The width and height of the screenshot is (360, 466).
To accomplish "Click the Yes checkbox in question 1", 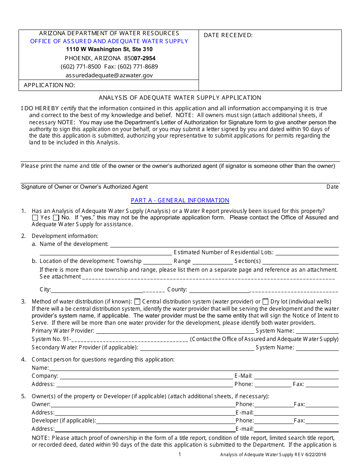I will point(35,218).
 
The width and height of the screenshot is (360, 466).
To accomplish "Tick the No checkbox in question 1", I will point(56,218).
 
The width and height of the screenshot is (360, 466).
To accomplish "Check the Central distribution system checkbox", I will point(138,302).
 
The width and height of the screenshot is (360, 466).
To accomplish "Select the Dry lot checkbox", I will point(266,302).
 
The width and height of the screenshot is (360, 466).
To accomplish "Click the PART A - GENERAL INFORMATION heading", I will point(180,200).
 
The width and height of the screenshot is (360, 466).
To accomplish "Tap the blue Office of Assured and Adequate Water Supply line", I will point(109,41).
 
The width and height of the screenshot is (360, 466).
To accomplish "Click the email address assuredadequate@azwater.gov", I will point(109,75).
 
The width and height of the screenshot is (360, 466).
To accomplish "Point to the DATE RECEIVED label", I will point(228,35).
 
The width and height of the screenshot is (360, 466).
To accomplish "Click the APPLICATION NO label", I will point(49,85).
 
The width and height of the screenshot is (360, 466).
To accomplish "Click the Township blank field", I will point(157,261).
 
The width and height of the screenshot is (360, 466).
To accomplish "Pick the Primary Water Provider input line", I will point(175,331).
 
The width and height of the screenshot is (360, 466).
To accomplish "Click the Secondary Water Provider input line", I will point(197,348).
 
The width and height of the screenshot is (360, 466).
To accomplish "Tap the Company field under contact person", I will point(146,376).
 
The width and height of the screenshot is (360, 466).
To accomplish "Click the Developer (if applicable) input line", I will point(165,421).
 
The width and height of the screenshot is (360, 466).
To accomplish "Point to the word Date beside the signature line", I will point(332,187).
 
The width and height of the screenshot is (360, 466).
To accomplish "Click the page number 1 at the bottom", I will point(180,455).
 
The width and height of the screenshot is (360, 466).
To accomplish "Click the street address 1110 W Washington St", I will point(109,50).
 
